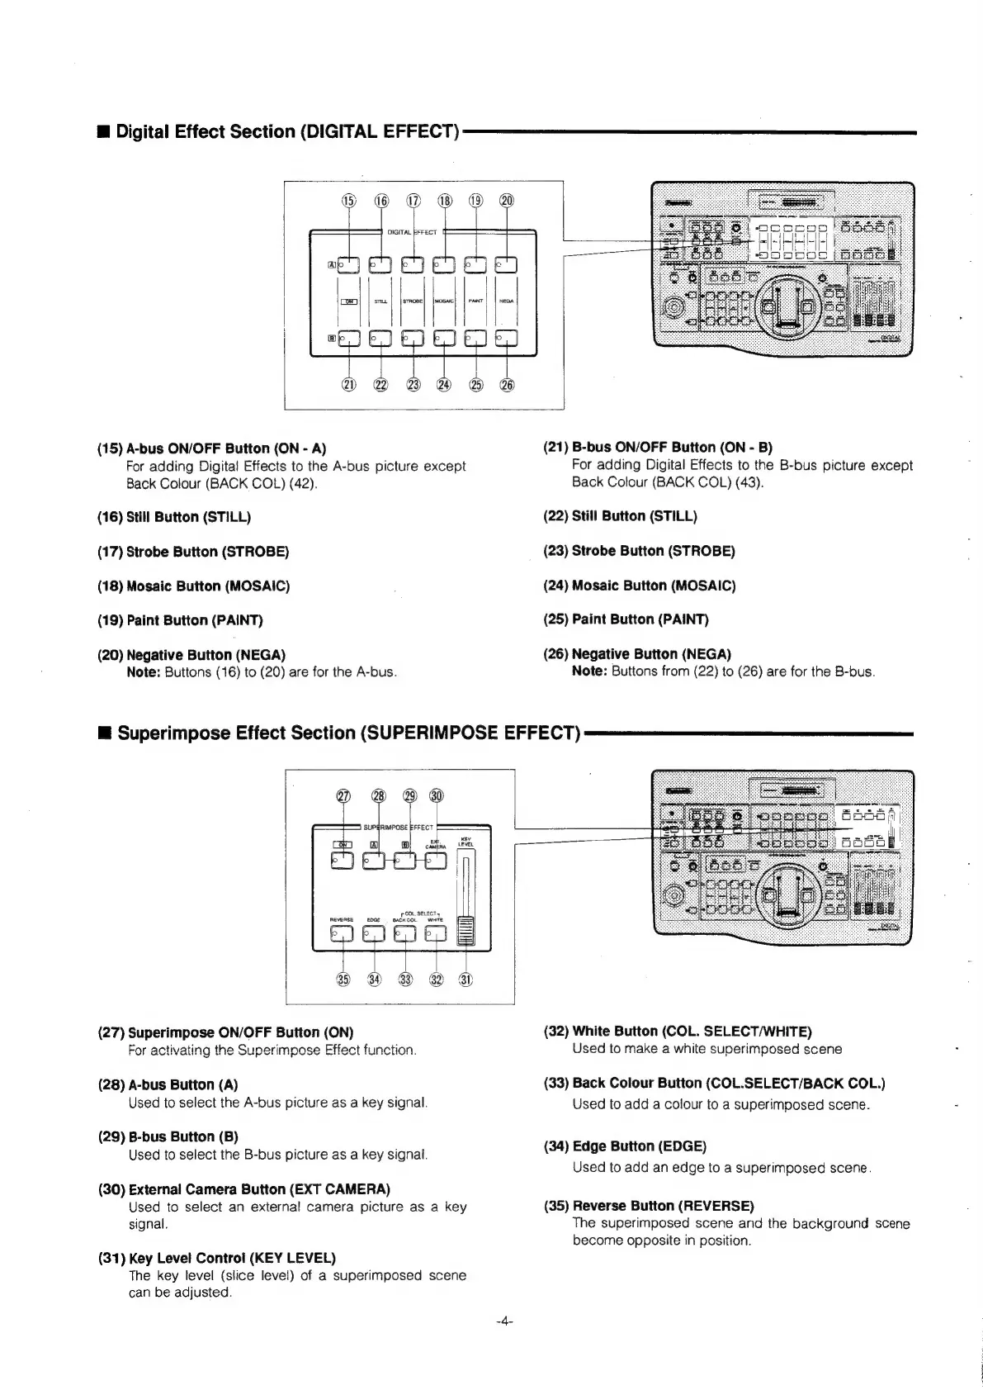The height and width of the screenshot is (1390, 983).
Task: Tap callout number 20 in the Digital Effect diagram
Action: click(506, 200)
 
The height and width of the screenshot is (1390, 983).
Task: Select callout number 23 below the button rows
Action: click(413, 385)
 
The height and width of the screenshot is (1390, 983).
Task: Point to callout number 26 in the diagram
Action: click(506, 385)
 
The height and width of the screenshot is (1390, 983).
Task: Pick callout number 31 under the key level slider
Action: click(467, 980)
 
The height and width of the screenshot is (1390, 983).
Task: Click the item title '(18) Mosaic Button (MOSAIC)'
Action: click(193, 586)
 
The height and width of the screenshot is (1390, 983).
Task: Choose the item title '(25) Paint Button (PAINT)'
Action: click(626, 619)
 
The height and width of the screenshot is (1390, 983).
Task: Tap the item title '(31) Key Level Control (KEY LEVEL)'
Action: click(216, 1258)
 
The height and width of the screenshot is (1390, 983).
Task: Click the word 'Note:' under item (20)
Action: click(143, 672)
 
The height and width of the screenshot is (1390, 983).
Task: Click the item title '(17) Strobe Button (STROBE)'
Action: click(193, 551)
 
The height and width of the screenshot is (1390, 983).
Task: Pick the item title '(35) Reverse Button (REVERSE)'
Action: click(649, 1206)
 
